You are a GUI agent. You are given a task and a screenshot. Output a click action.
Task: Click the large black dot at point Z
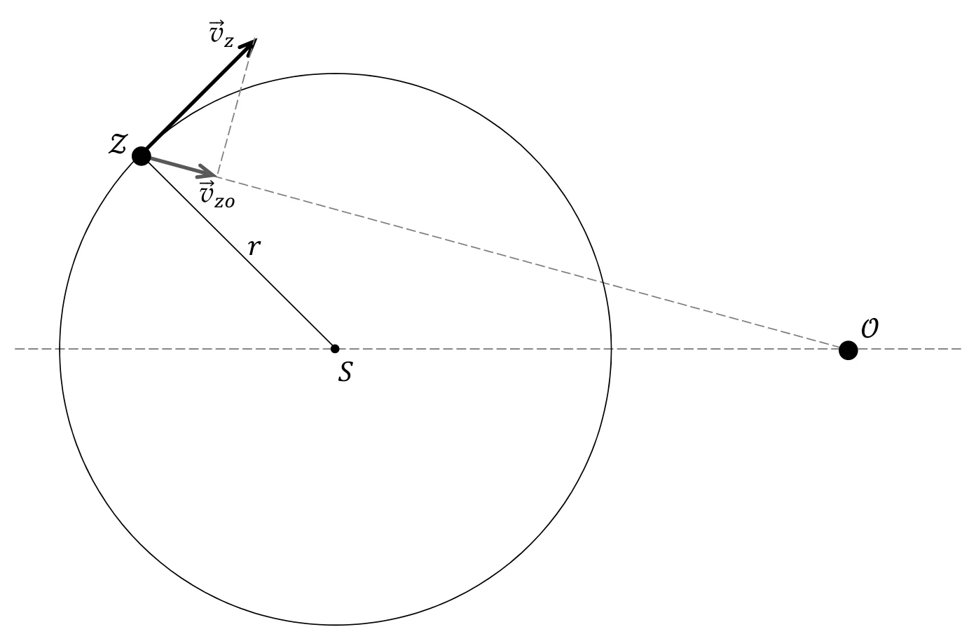(x=141, y=156)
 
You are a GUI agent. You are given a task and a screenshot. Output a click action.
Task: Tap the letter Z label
(x=118, y=144)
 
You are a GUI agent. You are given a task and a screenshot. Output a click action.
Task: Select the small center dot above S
(x=335, y=349)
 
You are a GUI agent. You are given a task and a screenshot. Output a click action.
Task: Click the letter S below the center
(x=345, y=372)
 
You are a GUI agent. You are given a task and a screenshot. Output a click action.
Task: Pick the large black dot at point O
(x=848, y=350)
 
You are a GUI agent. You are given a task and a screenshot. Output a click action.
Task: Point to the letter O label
(x=870, y=328)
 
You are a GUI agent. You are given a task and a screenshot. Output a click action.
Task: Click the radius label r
(x=254, y=247)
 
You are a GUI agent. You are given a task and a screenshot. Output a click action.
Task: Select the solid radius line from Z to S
(x=238, y=252)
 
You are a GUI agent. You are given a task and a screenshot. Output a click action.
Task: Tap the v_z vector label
(x=222, y=33)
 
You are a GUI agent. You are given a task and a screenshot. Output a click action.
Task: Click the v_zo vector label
(x=217, y=194)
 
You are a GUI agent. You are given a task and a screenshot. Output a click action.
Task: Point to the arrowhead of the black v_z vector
(x=249, y=45)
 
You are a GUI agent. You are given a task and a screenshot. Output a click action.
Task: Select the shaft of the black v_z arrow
(x=199, y=97)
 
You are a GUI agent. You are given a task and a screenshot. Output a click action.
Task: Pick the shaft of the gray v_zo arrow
(x=179, y=166)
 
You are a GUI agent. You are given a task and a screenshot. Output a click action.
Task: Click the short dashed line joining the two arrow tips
(x=235, y=107)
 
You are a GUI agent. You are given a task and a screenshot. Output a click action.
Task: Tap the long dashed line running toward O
(x=532, y=263)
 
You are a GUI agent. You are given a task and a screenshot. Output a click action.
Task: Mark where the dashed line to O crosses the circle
(x=603, y=282)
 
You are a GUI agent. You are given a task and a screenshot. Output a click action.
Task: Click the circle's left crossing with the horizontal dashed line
(x=60, y=349)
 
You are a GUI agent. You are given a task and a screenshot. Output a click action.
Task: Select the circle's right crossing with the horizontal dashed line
(x=611, y=349)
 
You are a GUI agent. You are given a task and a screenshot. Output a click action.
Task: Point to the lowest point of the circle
(x=336, y=625)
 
